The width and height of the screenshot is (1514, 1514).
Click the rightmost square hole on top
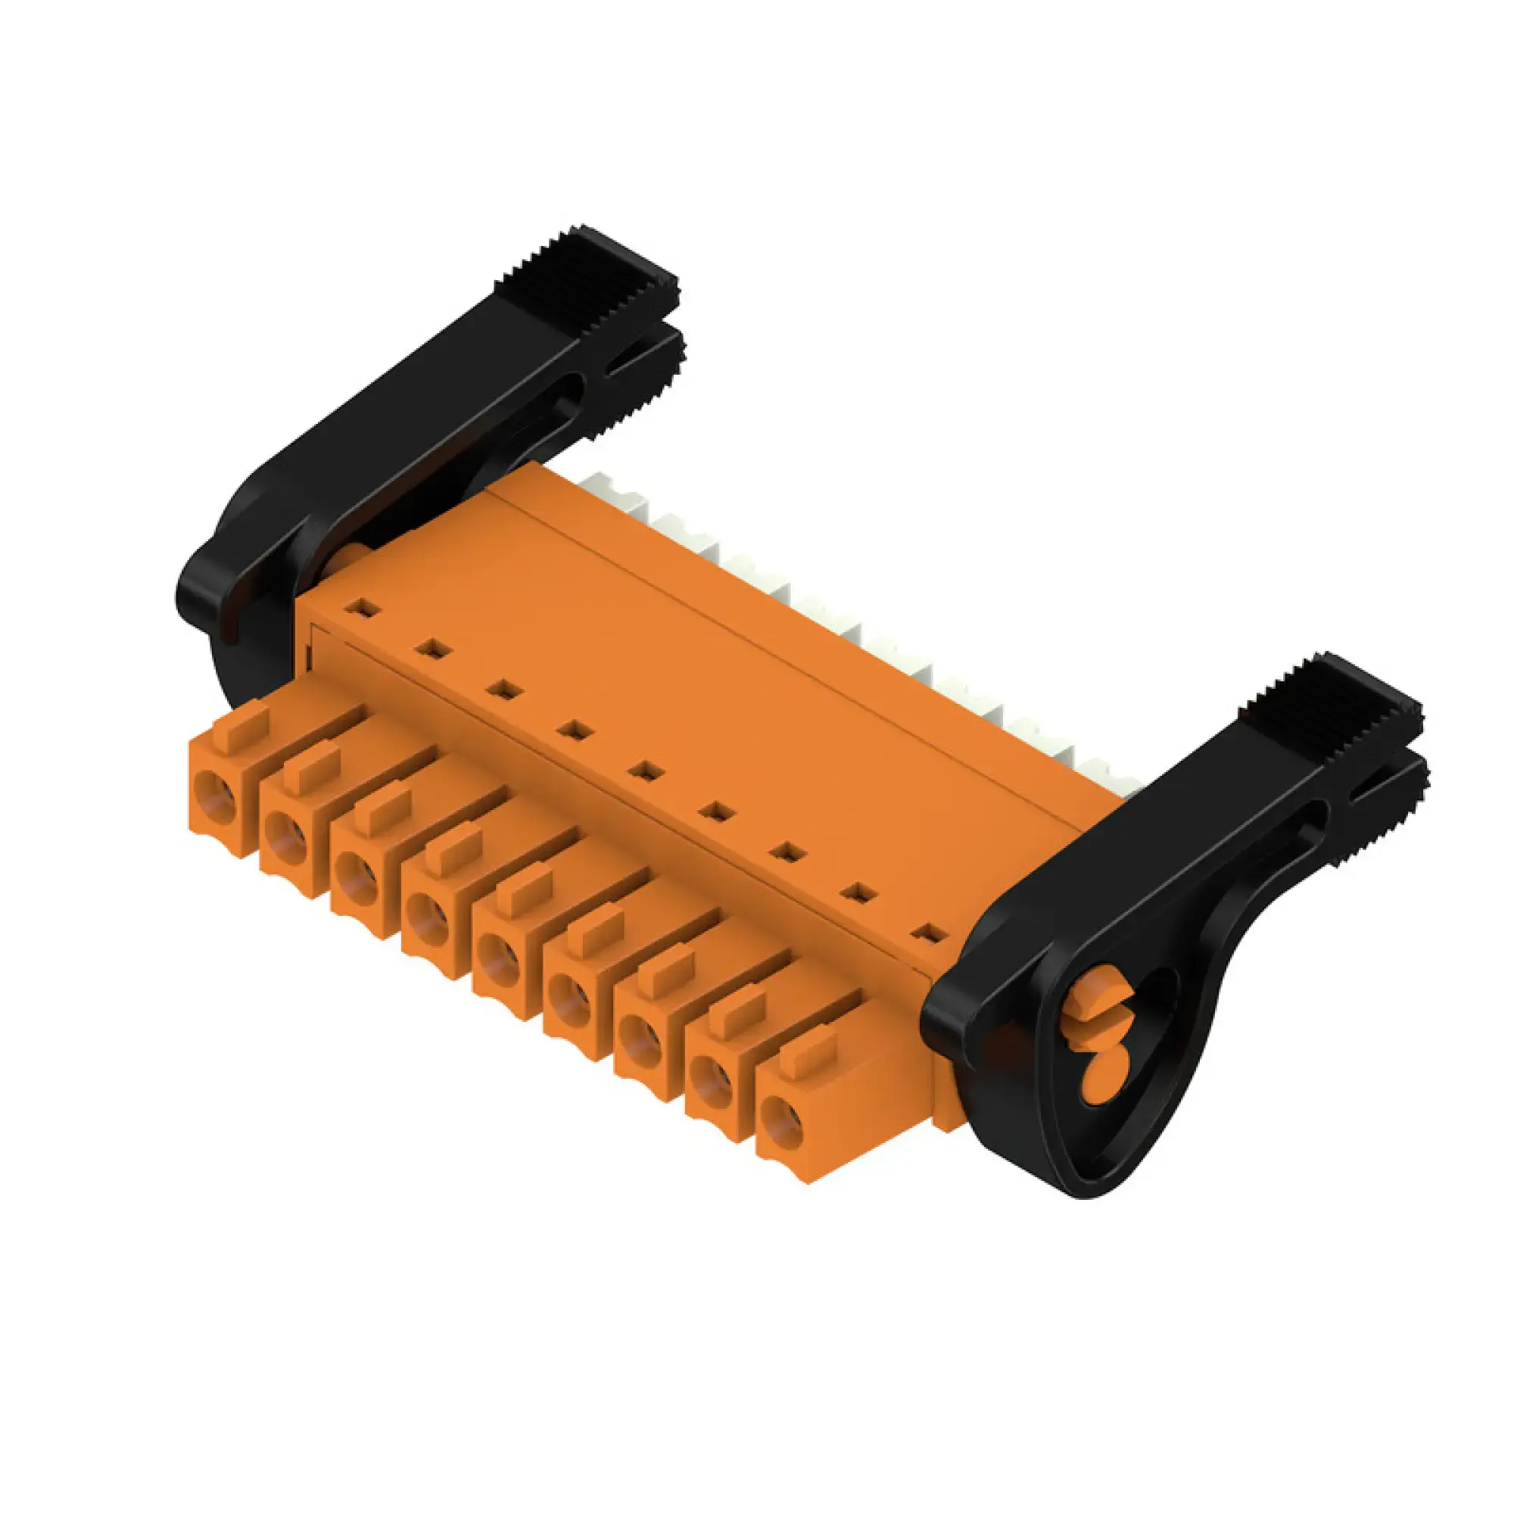tap(930, 933)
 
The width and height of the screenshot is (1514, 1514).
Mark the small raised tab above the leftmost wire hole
tap(246, 725)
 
